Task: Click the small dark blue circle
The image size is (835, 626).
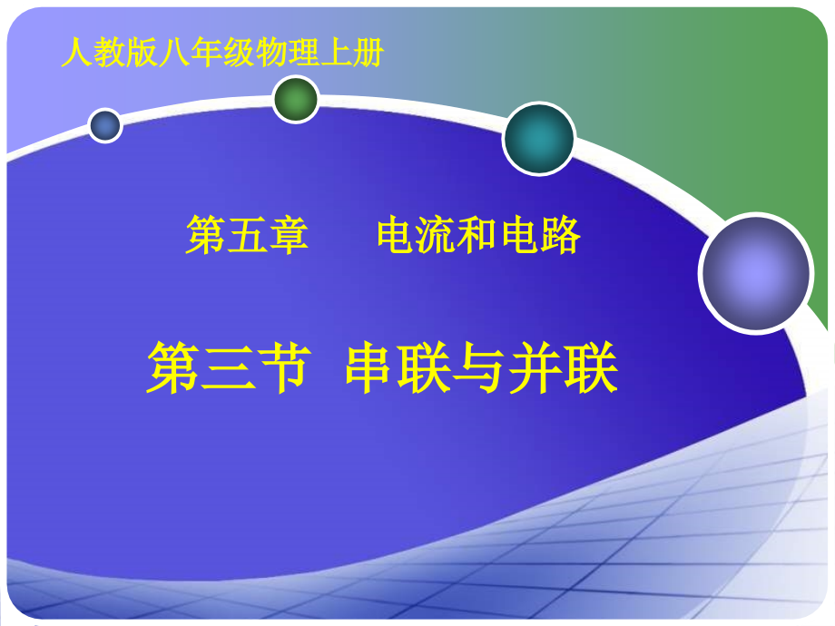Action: [105, 125]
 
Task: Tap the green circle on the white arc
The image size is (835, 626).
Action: [296, 99]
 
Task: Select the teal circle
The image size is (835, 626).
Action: [539, 139]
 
